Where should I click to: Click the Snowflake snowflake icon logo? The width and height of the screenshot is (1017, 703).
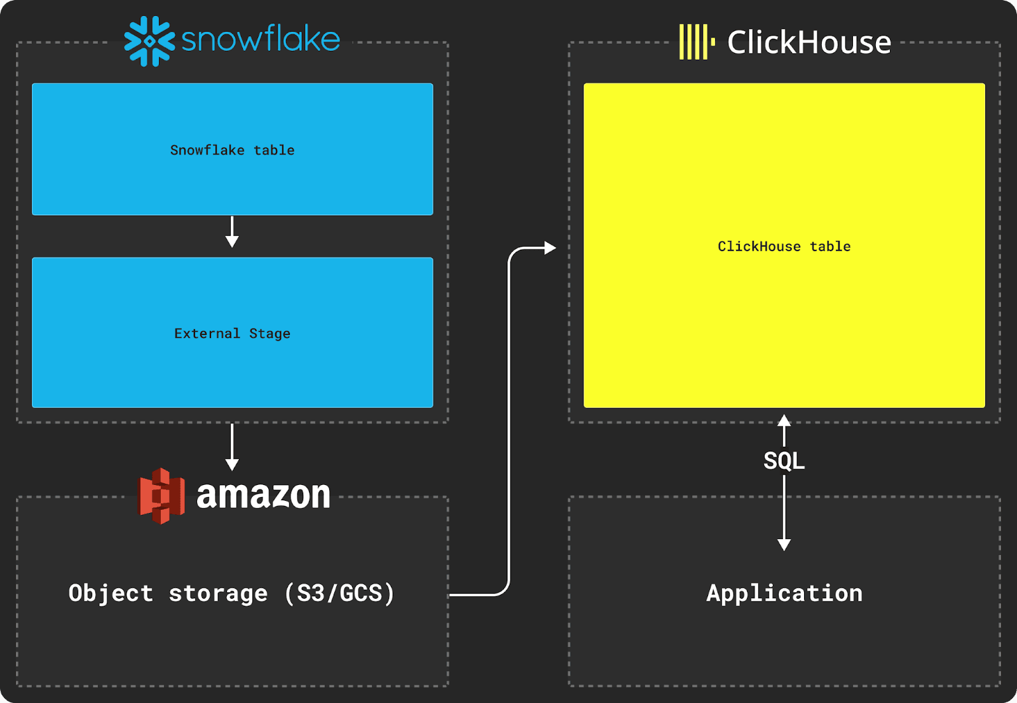149,41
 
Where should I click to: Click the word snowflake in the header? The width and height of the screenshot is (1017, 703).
261,39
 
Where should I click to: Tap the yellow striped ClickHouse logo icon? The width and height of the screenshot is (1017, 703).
696,42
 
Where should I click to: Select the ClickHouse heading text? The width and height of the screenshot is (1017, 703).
809,43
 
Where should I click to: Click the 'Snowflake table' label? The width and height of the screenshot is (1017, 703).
232,150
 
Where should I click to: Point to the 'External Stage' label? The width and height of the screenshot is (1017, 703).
232,334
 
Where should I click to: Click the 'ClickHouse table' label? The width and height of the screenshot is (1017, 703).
784,247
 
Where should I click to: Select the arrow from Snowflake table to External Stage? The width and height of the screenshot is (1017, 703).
232,232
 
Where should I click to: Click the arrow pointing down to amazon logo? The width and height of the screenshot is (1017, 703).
232,447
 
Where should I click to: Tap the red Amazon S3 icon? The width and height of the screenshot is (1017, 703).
161,496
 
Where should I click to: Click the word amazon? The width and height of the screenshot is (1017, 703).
263,495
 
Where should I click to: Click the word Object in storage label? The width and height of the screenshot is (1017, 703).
111,593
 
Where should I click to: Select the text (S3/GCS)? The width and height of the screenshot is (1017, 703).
339,593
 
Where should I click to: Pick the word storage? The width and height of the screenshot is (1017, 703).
218,594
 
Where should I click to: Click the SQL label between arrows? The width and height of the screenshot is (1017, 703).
784,460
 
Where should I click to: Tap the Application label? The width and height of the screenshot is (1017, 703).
784,593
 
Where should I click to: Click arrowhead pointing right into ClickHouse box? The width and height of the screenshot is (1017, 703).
550,248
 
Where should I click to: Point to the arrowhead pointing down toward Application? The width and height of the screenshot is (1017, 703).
784,545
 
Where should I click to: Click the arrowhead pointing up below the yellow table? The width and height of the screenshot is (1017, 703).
784,420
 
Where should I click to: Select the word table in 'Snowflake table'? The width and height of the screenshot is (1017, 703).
274,150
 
